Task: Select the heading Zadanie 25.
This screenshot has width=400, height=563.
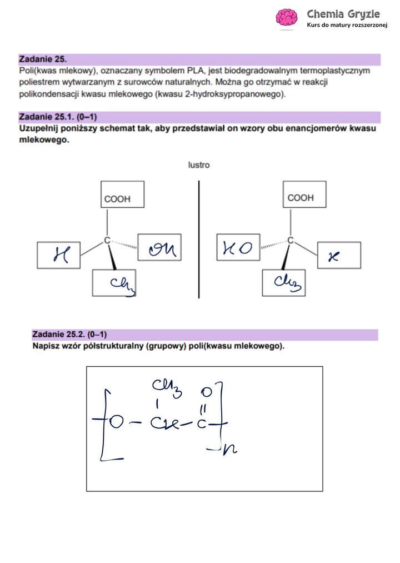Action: pos(43,58)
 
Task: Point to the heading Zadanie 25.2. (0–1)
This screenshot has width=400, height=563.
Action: pos(69,335)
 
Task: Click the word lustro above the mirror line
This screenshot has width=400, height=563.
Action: pos(199,165)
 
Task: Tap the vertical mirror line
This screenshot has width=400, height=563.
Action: pos(199,239)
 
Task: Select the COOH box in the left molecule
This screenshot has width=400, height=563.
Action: pos(123,195)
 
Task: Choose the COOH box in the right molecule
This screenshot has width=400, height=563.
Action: pos(304,195)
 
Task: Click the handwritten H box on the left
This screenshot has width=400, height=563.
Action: pos(58,255)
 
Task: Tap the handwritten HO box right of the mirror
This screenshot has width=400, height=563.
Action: pos(238,248)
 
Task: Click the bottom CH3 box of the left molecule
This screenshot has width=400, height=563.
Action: pos(114,283)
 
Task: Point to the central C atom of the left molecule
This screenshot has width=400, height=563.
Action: pos(107,240)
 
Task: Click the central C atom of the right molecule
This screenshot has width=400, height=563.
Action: pos(289,240)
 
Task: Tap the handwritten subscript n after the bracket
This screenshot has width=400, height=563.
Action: pos(229,449)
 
